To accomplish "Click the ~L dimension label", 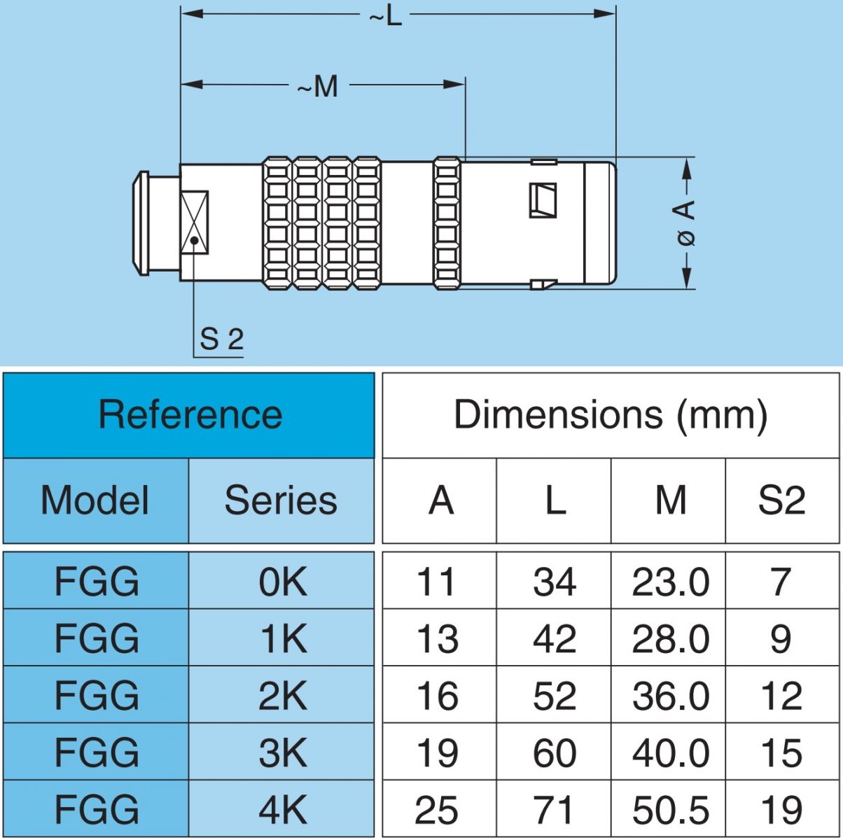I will click(x=386, y=15).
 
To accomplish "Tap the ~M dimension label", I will click(x=319, y=87).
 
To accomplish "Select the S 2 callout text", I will click(x=221, y=339).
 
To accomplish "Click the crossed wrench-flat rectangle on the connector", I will click(x=194, y=222).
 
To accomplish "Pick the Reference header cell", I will click(x=189, y=414).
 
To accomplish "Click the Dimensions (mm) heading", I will click(x=611, y=414).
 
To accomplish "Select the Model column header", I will click(x=95, y=500).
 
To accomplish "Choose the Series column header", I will click(x=281, y=500).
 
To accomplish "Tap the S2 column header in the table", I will click(x=781, y=500).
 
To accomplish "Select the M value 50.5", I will click(x=670, y=810).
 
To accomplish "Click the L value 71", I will click(x=555, y=810).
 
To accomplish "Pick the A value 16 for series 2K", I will click(x=438, y=696).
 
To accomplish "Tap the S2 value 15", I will click(x=781, y=753).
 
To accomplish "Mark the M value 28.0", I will click(x=670, y=639).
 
